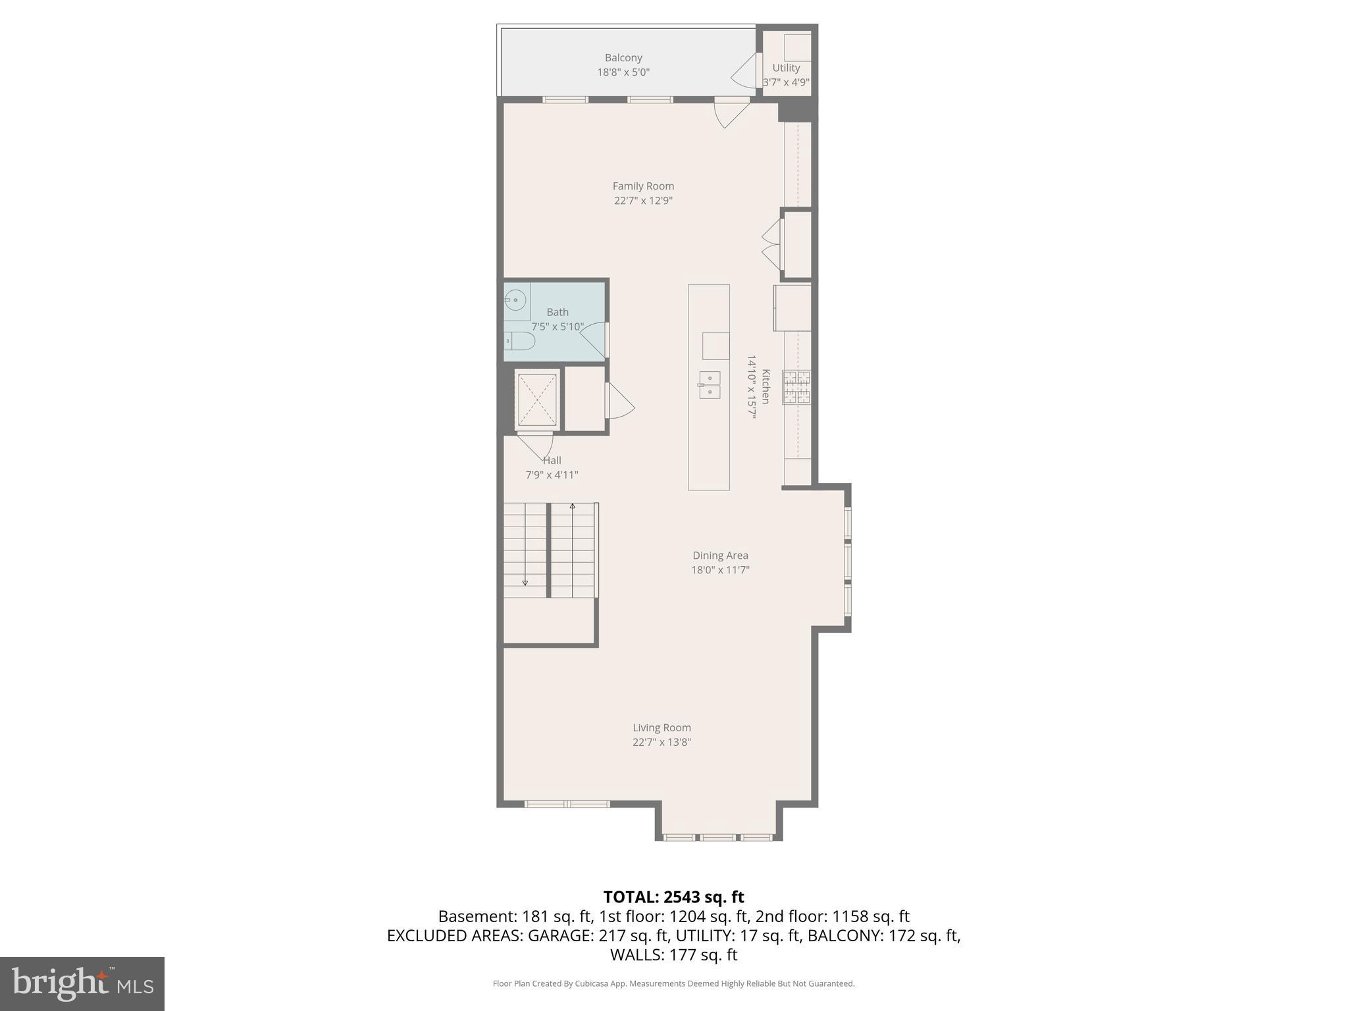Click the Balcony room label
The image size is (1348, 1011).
tap(623, 58)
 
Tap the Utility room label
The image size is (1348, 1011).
tap(786, 68)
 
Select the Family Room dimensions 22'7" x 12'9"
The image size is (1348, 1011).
tap(643, 201)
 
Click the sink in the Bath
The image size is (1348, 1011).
tap(516, 301)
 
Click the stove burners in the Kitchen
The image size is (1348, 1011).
tap(796, 387)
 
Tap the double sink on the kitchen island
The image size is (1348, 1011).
tap(710, 385)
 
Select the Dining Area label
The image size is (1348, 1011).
tap(720, 556)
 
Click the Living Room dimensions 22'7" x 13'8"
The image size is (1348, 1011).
tap(661, 742)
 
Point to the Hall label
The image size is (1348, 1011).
tap(552, 461)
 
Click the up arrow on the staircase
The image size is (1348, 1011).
tap(573, 506)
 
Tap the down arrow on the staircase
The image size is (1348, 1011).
tap(525, 583)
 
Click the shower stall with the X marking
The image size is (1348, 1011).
tap(537, 400)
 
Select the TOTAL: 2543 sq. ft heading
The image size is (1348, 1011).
tap(673, 897)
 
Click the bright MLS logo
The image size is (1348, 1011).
tap(82, 984)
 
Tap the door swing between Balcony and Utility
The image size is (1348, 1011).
tap(745, 71)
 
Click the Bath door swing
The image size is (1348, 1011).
tap(593, 340)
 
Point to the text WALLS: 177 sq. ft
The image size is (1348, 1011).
tap(673, 955)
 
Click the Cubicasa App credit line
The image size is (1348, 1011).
tap(673, 984)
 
